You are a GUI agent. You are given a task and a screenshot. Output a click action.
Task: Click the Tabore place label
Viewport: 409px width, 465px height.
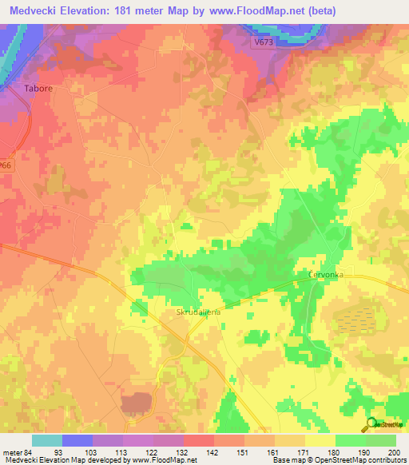38,88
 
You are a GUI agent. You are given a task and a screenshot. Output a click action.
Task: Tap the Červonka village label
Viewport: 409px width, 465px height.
326,274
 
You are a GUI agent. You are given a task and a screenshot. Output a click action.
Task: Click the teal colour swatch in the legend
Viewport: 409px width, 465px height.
47,440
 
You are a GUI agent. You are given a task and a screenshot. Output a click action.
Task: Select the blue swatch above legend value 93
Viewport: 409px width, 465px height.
77,440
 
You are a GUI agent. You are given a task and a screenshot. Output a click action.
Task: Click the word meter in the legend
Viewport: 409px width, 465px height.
12,451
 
